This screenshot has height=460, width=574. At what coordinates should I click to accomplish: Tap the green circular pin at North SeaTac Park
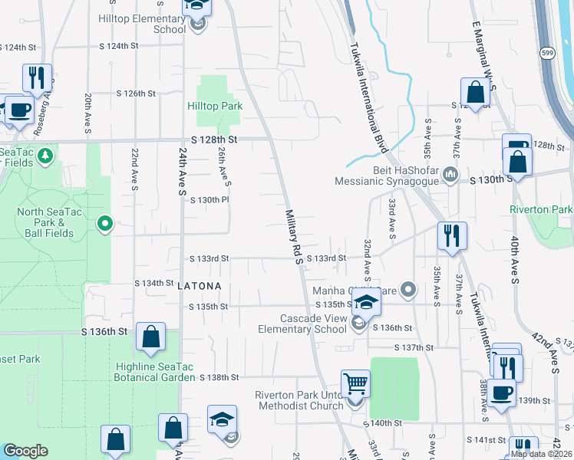(x=105, y=224)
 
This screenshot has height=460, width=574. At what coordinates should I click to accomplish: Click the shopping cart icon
(x=355, y=383)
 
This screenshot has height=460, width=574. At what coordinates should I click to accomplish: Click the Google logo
(x=25, y=452)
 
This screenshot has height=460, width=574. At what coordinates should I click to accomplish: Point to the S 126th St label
(x=136, y=93)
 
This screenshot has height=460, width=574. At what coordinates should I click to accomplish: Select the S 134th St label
(x=154, y=283)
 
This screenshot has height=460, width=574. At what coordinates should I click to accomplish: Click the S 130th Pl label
(x=209, y=199)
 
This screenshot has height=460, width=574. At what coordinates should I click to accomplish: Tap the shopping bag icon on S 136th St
(x=151, y=335)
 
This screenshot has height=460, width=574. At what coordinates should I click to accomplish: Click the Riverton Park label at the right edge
(x=540, y=209)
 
